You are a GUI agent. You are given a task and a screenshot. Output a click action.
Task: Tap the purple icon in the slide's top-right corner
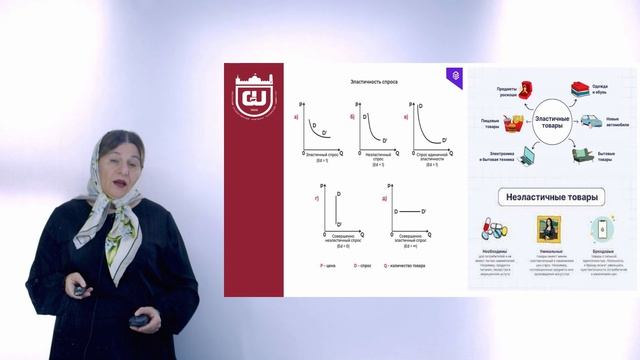click(455, 75)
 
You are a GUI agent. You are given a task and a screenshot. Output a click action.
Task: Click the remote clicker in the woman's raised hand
click(78, 289)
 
